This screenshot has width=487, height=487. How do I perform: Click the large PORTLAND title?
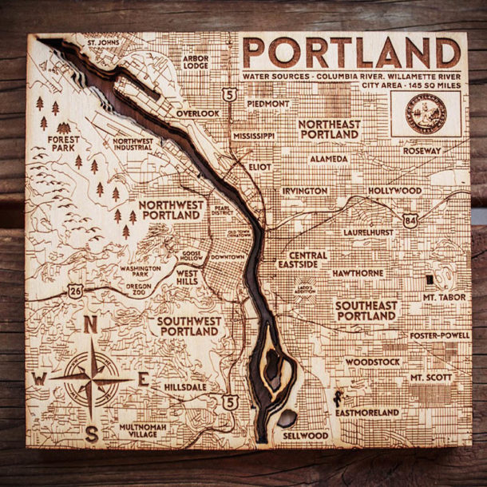pyautogui.click(x=351, y=53)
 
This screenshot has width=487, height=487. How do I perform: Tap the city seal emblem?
pyautogui.click(x=426, y=113)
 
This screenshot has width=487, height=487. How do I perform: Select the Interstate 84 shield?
pyautogui.click(x=410, y=220)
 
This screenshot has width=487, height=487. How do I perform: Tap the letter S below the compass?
pyautogui.click(x=92, y=434)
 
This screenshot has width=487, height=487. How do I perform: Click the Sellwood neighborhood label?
pyautogui.click(x=305, y=436)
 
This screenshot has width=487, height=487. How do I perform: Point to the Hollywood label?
pyautogui.click(x=394, y=192)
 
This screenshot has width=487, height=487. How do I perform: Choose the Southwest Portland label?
pyautogui.click(x=189, y=326)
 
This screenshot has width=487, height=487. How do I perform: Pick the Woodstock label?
pyautogui.click(x=372, y=362)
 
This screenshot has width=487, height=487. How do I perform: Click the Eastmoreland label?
pyautogui.click(x=366, y=413)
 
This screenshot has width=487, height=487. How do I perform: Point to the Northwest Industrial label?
pyautogui.click(x=133, y=145)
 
